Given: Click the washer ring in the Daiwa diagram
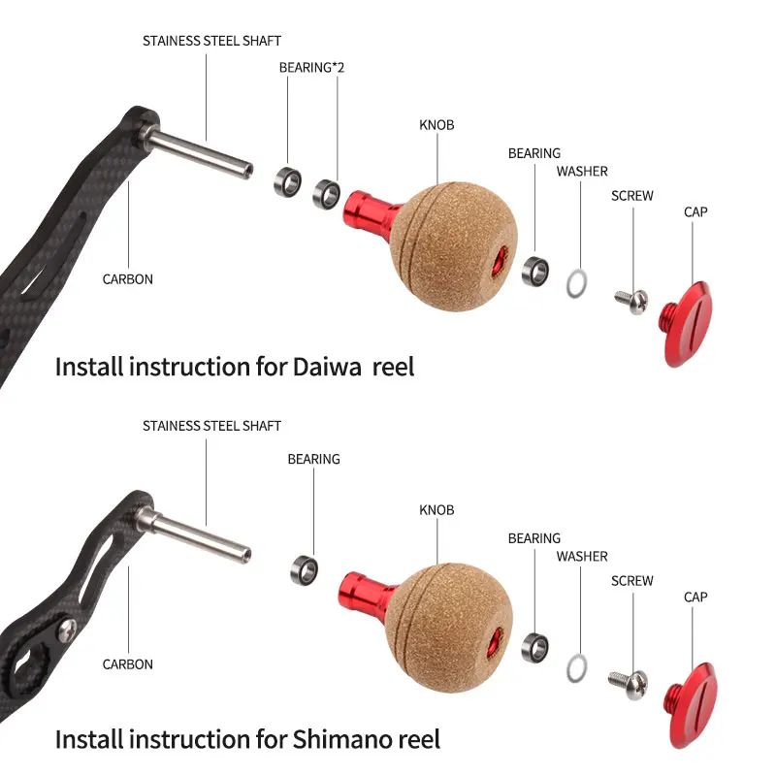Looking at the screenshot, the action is (x=577, y=282).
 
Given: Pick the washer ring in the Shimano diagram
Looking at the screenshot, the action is (x=576, y=666).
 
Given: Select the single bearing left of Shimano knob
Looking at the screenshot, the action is (x=303, y=569).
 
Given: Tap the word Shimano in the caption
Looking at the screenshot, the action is (x=340, y=739).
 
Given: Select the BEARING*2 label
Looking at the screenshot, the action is (x=311, y=68).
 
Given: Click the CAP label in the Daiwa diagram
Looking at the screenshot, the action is (x=695, y=211).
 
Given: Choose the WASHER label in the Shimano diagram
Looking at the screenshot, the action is (x=582, y=557).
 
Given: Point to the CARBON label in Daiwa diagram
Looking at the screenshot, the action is (x=128, y=279).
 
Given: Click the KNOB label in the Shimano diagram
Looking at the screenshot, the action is (x=436, y=510).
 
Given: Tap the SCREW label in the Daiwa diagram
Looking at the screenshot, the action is (x=632, y=196).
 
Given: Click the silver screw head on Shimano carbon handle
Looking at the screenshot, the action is (x=67, y=631).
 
